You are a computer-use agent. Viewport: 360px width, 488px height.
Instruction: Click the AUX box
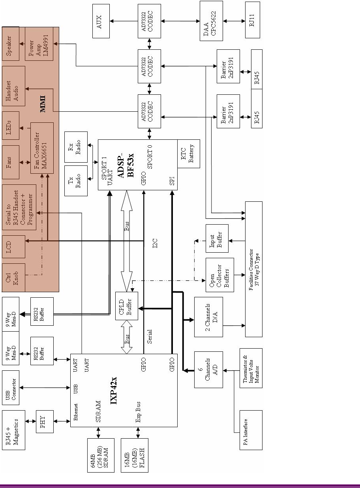101,21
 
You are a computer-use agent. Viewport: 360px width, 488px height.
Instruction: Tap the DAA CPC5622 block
211,21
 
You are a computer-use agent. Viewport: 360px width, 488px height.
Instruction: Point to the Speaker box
10,44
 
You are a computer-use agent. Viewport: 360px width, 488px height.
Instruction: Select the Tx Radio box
76,180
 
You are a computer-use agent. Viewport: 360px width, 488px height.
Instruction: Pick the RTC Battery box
188,154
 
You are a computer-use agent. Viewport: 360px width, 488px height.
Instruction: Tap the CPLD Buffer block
126,306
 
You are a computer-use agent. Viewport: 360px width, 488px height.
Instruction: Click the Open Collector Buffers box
219,275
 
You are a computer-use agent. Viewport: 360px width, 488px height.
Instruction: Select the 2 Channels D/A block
208,317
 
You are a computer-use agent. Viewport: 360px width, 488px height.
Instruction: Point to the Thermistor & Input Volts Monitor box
251,368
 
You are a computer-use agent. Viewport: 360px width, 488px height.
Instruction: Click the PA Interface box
251,430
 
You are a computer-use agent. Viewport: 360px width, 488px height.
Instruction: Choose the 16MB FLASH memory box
134,455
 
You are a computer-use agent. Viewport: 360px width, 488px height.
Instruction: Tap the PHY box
44,422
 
